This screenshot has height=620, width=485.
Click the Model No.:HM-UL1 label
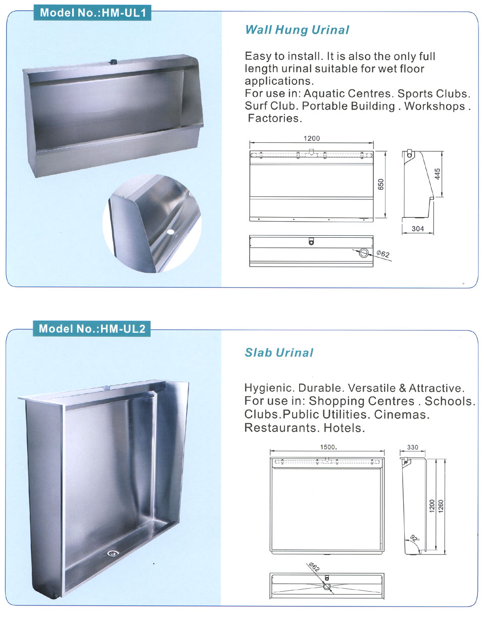tap(92, 13)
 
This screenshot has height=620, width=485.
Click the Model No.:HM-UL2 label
tap(92, 329)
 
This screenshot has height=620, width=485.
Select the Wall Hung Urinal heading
tap(297, 30)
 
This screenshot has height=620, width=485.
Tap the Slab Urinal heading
tap(279, 353)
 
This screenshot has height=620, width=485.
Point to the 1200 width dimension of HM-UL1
tap(311, 138)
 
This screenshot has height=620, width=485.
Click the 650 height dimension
tap(381, 184)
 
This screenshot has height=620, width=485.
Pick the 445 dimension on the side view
tap(437, 174)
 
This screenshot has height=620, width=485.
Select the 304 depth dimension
tap(418, 229)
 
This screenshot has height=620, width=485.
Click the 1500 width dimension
tap(328, 447)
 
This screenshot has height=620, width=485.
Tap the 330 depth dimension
tap(412, 447)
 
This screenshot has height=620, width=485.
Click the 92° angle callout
tap(414, 538)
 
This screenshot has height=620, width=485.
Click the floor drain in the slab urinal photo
tap(113, 553)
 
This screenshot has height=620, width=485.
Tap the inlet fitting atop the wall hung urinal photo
tap(114, 62)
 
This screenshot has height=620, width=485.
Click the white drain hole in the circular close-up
tap(170, 231)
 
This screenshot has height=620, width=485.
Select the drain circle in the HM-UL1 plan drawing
tap(363, 253)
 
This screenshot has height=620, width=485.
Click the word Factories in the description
tap(275, 119)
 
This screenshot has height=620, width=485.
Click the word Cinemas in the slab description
tap(402, 415)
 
